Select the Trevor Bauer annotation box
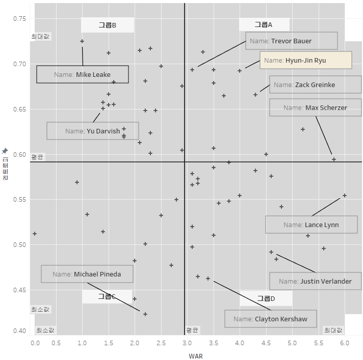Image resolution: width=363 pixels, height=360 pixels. coord(291,41)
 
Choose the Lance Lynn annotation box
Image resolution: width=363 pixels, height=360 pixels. coord(311,225)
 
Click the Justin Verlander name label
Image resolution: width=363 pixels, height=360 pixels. coord(315,281)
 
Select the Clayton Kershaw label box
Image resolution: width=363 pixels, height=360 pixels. coord(270,319)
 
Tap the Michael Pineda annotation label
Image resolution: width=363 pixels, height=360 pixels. coord(87,274)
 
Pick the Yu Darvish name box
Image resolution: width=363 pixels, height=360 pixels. coord(92,131)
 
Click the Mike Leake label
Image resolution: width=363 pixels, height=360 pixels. coord(82,74)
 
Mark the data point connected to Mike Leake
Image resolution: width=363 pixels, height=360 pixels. coord(82,41)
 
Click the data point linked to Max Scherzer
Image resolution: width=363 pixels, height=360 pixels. coord(334,159)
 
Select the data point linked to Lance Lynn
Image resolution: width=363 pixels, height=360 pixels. coord(345,196)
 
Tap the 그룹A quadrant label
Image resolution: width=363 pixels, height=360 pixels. coord(264,24)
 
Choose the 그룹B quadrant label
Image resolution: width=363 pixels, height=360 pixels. coord(108,25)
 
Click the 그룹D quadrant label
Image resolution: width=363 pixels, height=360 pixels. coord(266,298)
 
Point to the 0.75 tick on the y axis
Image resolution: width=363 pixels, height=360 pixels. coord(19,19)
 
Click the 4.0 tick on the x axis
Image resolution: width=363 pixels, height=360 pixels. coord(240,344)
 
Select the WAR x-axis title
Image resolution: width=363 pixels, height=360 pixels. coord(196,356)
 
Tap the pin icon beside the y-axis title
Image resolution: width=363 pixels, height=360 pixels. coord(5,151)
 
